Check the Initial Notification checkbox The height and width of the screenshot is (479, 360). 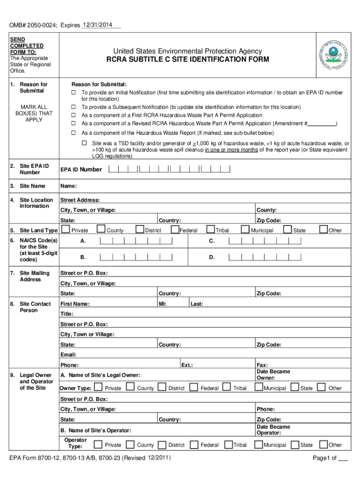[73, 93]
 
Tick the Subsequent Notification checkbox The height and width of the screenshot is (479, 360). [73, 107]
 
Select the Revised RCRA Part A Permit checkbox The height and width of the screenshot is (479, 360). [73, 123]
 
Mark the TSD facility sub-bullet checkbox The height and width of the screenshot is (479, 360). [85, 143]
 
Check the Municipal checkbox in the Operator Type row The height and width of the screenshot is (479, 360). [258, 444]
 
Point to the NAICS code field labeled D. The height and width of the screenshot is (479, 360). [265, 257]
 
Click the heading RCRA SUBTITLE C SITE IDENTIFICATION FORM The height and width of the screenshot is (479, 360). [187, 59]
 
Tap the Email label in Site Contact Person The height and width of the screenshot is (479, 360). [68, 355]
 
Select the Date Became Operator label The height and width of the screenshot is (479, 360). [273, 429]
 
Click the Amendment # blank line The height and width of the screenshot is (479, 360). [322, 123]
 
